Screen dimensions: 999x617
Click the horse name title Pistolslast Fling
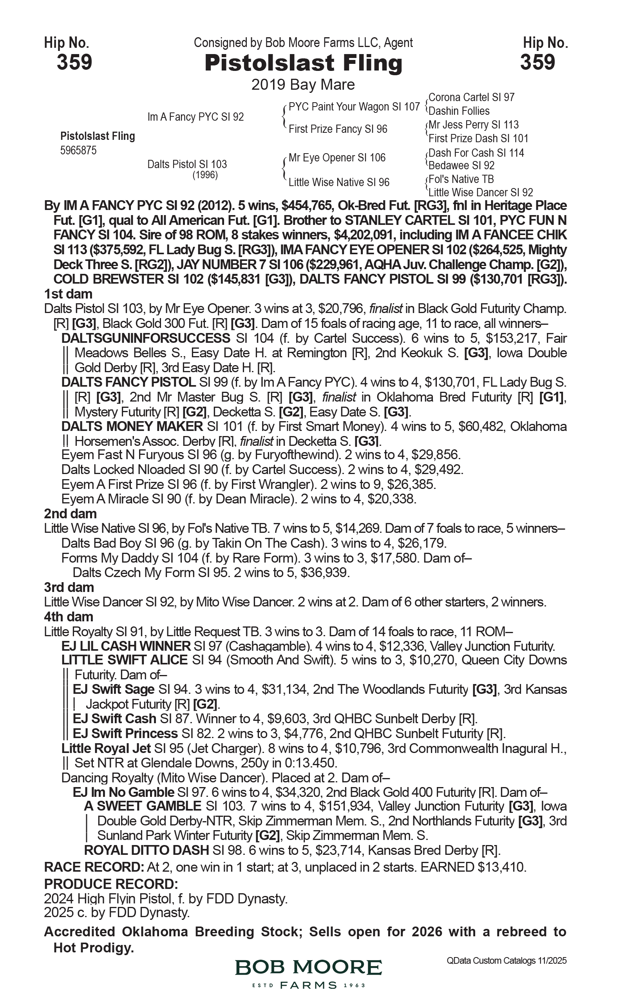[303, 63]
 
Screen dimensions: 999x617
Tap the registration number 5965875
[78, 150]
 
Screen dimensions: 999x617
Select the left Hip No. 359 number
[74, 62]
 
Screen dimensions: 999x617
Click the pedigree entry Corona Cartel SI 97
[471, 97]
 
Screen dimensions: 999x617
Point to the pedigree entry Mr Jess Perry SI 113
[473, 125]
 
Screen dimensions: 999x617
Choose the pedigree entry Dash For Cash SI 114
[476, 153]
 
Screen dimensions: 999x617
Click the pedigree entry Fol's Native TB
[461, 179]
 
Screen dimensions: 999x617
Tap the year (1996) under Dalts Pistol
[205, 175]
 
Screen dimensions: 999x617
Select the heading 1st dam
[68, 294]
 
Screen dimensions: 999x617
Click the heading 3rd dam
[69, 587]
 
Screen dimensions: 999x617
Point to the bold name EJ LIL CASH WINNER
[126, 646]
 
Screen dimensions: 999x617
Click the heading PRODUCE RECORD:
[111, 884]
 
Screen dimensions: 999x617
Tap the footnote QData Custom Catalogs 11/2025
[507, 961]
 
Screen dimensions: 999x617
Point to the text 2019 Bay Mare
[303, 85]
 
